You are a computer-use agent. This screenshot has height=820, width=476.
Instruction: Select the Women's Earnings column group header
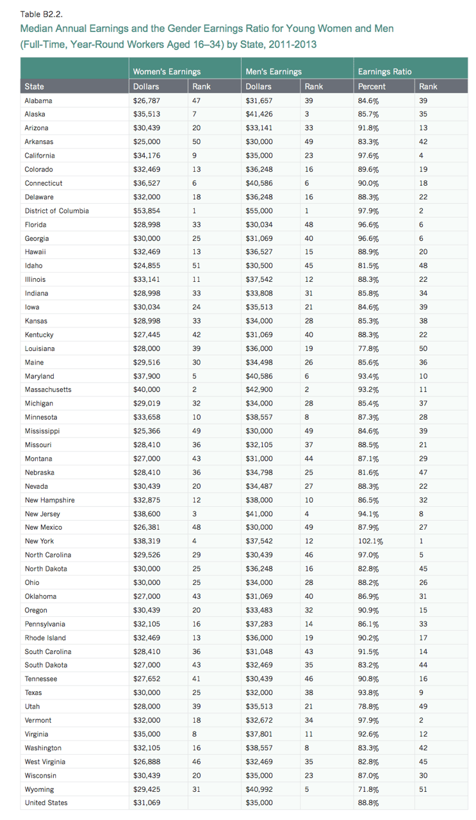(x=166, y=72)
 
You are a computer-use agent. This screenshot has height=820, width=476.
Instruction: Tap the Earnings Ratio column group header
(x=384, y=72)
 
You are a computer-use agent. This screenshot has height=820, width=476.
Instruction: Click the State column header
(x=35, y=86)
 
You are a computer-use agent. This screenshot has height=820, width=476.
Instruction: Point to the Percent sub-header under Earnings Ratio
(x=372, y=86)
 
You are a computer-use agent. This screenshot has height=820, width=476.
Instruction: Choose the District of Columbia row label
(x=56, y=211)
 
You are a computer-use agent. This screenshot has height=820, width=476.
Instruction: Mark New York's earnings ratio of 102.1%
(x=370, y=541)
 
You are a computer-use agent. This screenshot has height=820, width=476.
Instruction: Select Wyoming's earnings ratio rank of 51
(x=423, y=789)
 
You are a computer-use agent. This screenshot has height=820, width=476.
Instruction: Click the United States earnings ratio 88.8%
(x=368, y=803)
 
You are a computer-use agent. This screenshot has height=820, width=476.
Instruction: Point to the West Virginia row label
(x=45, y=762)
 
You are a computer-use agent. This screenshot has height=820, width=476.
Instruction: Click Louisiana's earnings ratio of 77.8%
(x=368, y=348)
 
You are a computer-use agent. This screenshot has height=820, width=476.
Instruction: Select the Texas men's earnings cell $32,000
(x=258, y=693)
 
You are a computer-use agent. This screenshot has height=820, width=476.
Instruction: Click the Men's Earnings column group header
(x=274, y=72)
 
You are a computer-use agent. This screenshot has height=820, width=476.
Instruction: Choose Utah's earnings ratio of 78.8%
(x=368, y=707)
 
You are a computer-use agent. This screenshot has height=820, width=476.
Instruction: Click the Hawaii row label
(x=35, y=252)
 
